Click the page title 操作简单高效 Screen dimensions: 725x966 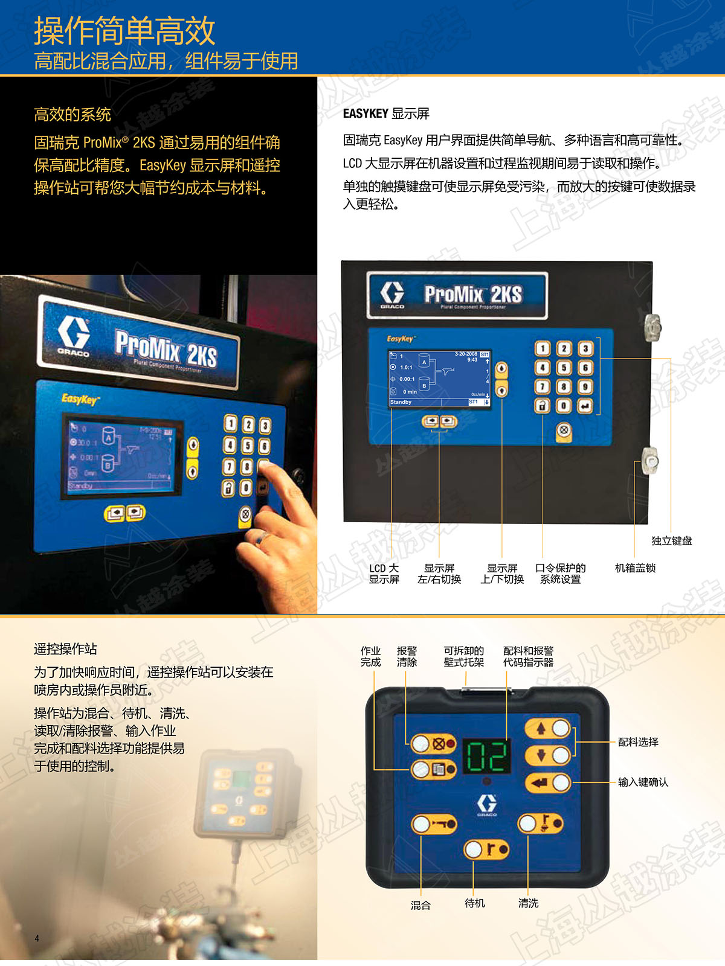click(x=124, y=31)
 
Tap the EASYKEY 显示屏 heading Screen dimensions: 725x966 click(x=386, y=114)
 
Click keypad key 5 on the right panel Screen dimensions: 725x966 click(x=564, y=368)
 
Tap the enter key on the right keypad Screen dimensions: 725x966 click(x=585, y=406)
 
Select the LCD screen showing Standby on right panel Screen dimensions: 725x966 click(x=439, y=379)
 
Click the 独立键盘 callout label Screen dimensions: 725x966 click(x=672, y=540)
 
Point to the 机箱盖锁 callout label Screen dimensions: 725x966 click(x=635, y=568)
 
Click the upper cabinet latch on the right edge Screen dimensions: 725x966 click(x=652, y=327)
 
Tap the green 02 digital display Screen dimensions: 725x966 click(x=487, y=756)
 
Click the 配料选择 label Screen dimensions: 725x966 click(x=638, y=742)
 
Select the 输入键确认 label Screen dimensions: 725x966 click(x=643, y=782)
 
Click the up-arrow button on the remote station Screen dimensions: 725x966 click(x=549, y=728)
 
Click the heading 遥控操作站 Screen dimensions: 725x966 click(x=65, y=648)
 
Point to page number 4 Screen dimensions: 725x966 click(x=36, y=938)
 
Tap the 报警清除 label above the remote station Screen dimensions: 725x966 click(x=407, y=656)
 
